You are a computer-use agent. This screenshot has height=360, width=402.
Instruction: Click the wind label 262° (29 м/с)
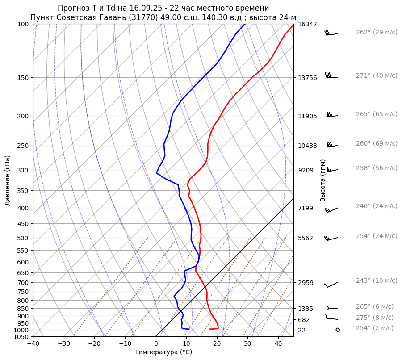[377, 33]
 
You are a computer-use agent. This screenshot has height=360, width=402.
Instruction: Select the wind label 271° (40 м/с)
[377, 76]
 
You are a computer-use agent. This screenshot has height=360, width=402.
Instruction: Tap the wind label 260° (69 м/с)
[377, 144]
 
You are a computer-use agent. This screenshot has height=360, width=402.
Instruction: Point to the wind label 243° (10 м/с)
[377, 281]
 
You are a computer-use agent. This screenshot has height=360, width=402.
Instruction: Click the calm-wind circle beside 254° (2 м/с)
[338, 330]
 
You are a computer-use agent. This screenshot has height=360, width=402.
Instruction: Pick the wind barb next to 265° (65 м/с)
[332, 115]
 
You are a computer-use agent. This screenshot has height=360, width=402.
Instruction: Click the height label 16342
[308, 24]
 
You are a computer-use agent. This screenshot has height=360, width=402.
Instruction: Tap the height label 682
[304, 320]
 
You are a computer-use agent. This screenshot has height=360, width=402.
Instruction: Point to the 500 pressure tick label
[23, 238]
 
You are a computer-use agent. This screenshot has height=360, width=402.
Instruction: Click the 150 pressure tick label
[23, 78]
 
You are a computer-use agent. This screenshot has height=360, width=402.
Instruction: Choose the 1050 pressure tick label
[22, 337]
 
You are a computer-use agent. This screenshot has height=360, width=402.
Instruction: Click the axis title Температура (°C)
[163, 352]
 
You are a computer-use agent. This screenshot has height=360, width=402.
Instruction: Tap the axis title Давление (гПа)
[8, 180]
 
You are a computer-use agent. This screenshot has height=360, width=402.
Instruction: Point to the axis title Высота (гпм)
[323, 180]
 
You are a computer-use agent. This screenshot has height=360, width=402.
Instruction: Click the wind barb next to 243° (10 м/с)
[331, 285]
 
